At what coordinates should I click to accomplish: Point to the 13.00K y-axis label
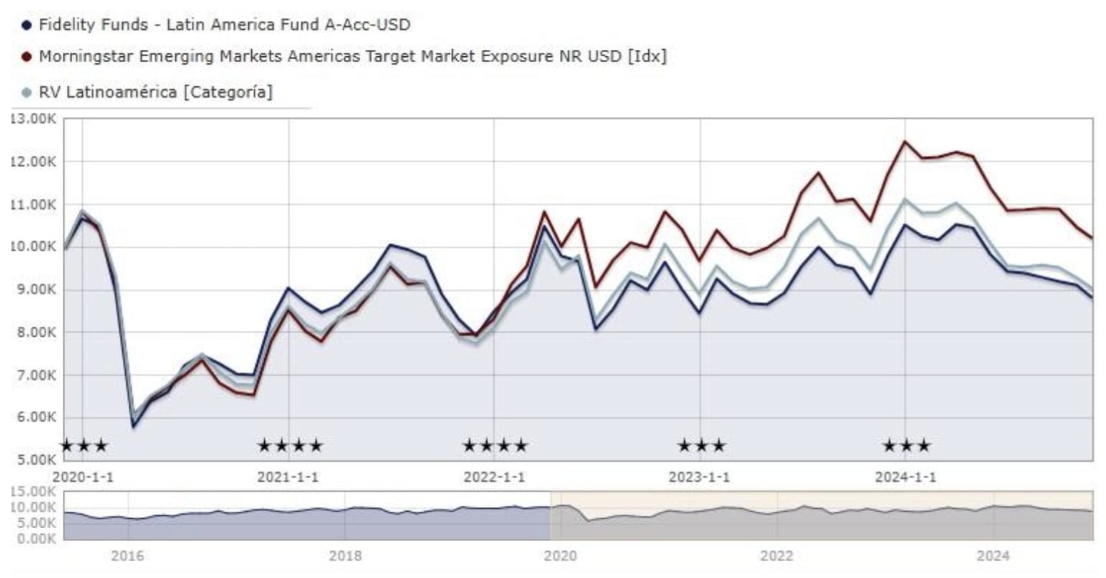click(32, 118)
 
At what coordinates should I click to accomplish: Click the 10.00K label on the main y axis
click(32, 247)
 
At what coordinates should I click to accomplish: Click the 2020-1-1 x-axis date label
click(82, 477)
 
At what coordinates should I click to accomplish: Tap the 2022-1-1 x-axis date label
click(494, 477)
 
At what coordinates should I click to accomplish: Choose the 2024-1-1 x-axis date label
click(906, 477)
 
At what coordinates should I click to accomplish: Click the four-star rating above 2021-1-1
click(290, 445)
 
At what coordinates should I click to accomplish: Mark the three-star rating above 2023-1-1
click(700, 445)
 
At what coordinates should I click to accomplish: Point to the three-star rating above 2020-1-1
click(84, 445)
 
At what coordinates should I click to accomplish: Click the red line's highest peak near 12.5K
click(905, 141)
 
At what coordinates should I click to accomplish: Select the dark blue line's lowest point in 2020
click(134, 427)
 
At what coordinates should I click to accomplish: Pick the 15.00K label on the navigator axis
click(32, 492)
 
